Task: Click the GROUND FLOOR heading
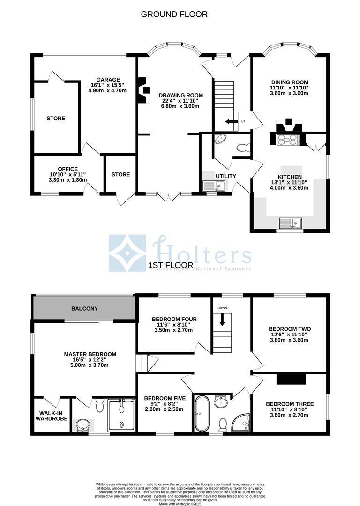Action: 174,14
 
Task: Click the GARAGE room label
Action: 108,79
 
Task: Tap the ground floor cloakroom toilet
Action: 242,148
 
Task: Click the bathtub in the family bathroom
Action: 202,413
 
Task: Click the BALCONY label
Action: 84,308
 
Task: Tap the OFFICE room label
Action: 68,169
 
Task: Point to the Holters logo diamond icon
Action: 127,253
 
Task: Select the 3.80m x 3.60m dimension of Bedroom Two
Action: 289,340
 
